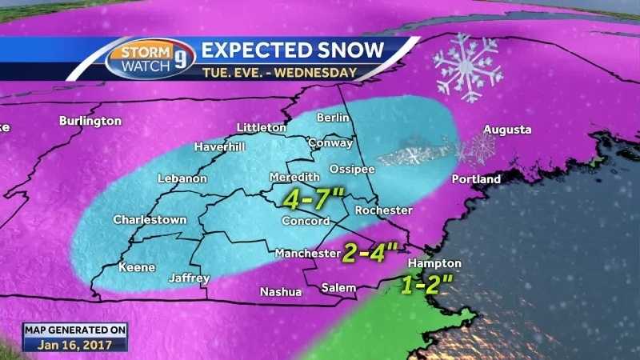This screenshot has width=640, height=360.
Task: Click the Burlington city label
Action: point(90,121)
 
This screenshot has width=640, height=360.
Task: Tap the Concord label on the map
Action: point(305,221)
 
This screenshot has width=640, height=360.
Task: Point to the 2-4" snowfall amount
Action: point(370,253)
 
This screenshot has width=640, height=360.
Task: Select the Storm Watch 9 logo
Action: point(150,59)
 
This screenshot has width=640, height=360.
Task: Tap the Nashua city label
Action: point(281,292)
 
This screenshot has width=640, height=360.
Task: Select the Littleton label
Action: point(261,128)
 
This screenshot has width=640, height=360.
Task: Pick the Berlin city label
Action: point(334,118)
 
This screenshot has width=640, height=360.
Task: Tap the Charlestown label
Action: point(150,219)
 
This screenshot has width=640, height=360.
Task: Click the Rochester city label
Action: point(383,210)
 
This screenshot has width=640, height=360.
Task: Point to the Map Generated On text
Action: point(74,329)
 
